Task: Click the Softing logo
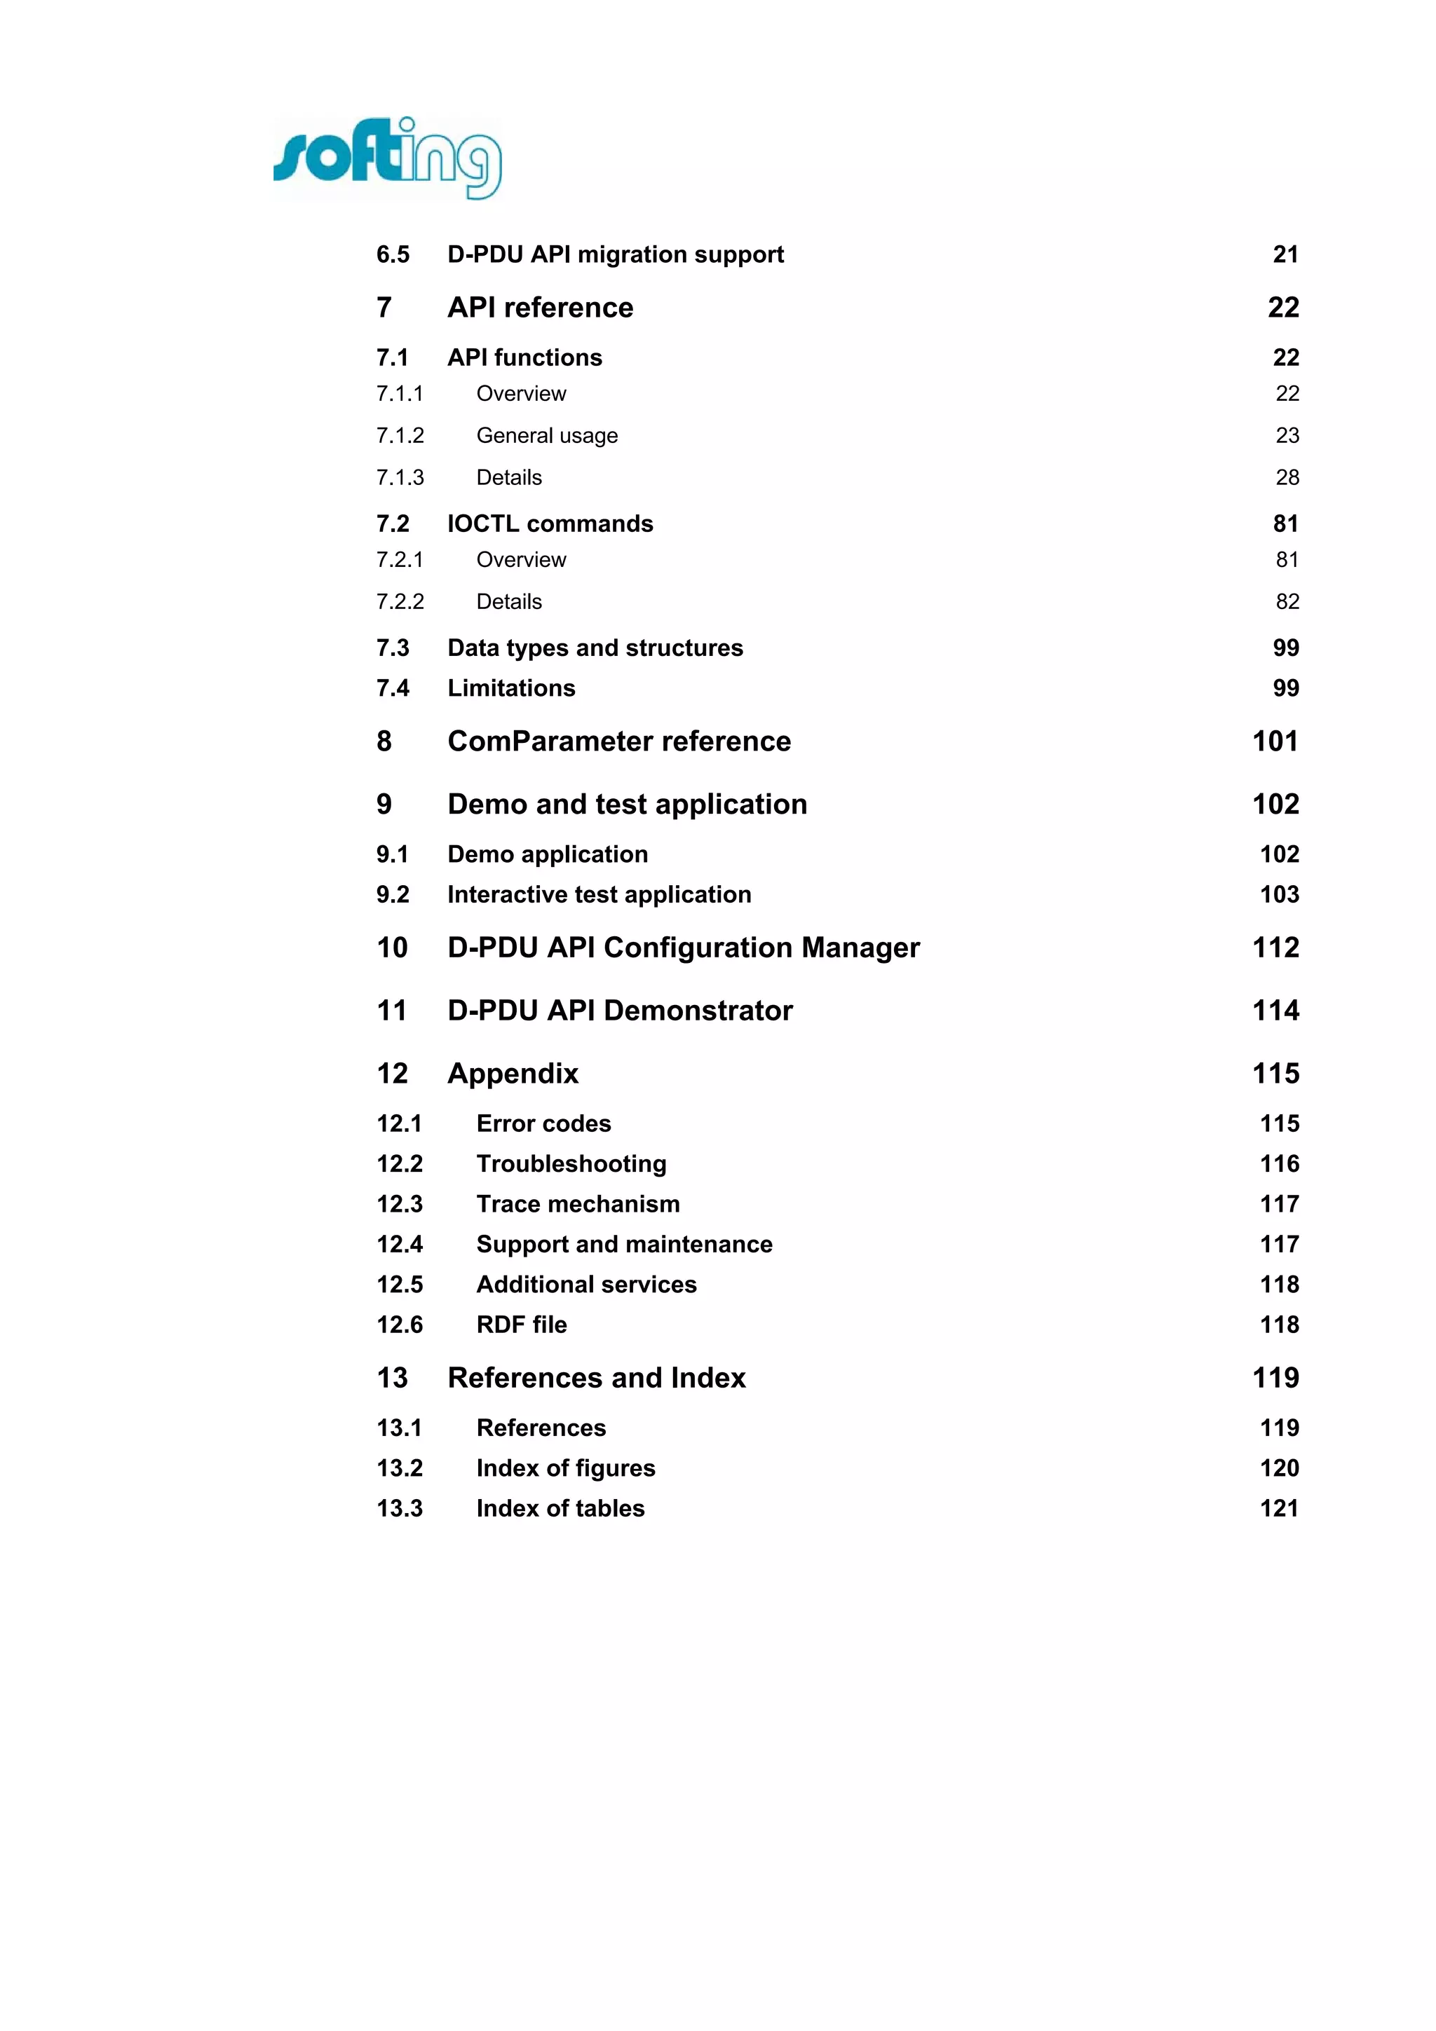(x=388, y=158)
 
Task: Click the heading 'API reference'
(x=540, y=308)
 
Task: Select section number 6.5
(x=393, y=255)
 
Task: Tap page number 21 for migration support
(x=1285, y=255)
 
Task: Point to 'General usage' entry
(x=547, y=435)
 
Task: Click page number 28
(x=1287, y=478)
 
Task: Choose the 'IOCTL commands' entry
(x=550, y=524)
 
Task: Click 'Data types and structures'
(x=595, y=648)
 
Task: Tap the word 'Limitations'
(x=510, y=688)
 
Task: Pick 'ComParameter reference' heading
(x=618, y=741)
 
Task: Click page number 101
(x=1275, y=741)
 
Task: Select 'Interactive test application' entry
(x=599, y=894)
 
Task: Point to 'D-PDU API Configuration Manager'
(x=683, y=948)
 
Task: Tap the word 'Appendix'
(x=513, y=1073)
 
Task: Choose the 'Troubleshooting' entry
(x=571, y=1164)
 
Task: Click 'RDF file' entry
(x=521, y=1325)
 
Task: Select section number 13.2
(x=400, y=1468)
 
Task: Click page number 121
(x=1278, y=1508)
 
